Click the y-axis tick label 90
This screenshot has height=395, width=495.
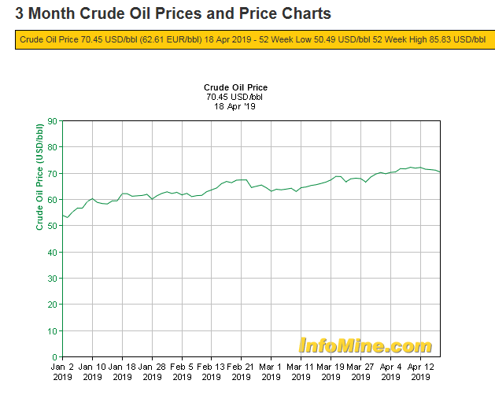pos(52,120)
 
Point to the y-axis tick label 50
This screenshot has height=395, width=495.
pos(52,226)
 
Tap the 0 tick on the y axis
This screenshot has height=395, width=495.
pos(54,357)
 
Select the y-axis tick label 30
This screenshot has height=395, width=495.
pos(52,279)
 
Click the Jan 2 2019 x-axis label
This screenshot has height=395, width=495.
pos(62,371)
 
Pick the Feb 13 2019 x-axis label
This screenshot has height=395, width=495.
pos(211,371)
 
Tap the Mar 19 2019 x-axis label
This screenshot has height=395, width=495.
pos(330,371)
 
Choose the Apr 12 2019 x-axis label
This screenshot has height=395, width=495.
pos(420,371)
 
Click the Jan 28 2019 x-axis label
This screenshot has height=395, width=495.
pos(152,371)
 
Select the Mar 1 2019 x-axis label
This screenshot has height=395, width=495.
pos(271,371)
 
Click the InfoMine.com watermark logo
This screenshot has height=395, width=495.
pos(365,345)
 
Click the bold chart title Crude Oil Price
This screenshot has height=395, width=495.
pos(236,87)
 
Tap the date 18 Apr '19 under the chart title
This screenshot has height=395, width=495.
pos(236,106)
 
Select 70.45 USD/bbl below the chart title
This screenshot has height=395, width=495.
pos(236,97)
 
